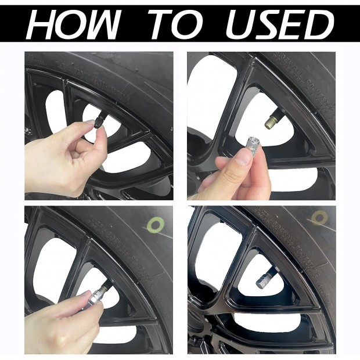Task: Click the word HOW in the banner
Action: click(x=74, y=24)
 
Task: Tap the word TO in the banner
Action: click(x=175, y=24)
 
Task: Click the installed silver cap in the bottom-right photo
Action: click(x=262, y=280)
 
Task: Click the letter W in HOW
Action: click(x=99, y=24)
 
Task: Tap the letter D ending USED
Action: click(x=318, y=24)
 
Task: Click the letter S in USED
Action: click(x=267, y=24)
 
